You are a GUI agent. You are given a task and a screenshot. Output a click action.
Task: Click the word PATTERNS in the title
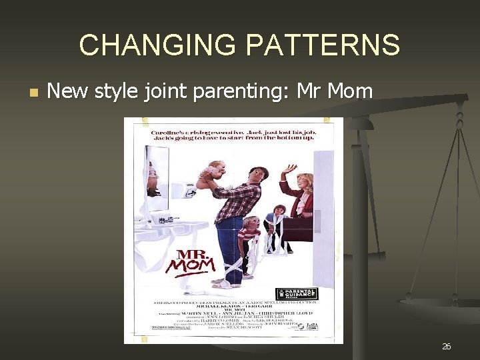pos(323,45)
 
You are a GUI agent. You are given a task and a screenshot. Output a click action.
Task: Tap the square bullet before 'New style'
pos(34,91)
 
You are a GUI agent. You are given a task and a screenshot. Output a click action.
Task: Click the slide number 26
pos(446,346)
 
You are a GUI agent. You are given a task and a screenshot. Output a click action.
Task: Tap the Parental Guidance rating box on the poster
pos(297,293)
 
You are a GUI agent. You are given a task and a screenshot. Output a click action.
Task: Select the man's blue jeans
pos(229,240)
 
